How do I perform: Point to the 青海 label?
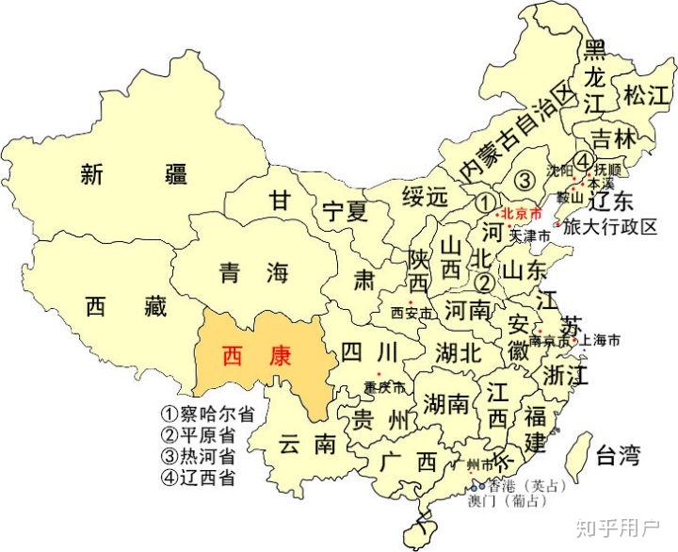[x=251, y=274]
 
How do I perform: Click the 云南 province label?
[x=307, y=444]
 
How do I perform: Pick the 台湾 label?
[x=618, y=458]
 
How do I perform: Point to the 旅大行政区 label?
[x=610, y=227]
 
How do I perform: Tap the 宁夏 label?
[x=343, y=212]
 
